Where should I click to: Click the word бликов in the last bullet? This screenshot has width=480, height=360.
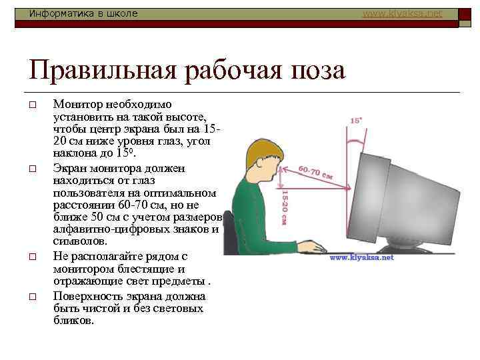pos(73,321)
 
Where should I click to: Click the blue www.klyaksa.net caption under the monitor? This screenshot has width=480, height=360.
pos(362,257)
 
